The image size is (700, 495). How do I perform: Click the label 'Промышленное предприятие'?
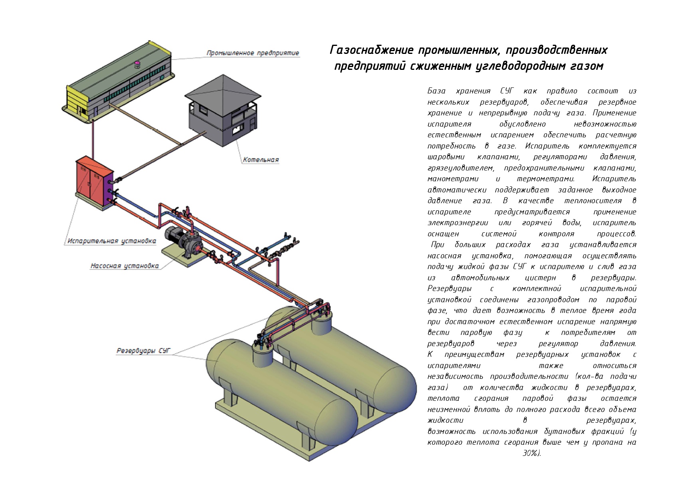tap(253, 53)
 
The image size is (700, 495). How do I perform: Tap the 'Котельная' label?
tap(261, 160)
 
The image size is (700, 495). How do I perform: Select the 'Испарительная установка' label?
tap(111, 241)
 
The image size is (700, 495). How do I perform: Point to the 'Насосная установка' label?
tap(125, 266)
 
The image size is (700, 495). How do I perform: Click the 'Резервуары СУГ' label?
tap(143, 351)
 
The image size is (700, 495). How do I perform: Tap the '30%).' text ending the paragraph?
tap(532, 453)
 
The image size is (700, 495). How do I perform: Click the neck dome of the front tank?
tap(263, 353)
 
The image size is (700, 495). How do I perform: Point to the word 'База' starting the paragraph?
tap(436, 91)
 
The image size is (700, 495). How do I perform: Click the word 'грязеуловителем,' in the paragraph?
tap(460, 168)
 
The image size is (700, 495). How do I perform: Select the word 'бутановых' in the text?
tap(564, 432)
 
